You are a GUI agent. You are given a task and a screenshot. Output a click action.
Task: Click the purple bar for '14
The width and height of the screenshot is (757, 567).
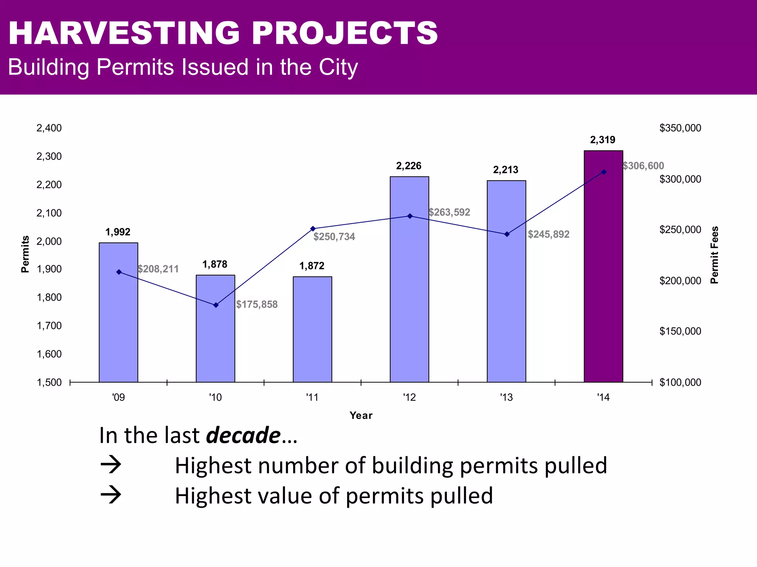click(603, 266)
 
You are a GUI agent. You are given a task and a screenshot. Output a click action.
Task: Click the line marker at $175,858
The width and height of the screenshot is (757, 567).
click(216, 305)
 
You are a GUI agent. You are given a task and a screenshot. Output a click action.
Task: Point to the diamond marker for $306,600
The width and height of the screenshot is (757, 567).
click(604, 172)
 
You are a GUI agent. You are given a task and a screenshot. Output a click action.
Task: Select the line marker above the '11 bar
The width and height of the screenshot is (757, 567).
click(313, 228)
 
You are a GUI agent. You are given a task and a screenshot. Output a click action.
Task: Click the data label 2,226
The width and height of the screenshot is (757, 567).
click(408, 166)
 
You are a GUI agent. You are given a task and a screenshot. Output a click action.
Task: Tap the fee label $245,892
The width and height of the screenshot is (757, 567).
click(549, 234)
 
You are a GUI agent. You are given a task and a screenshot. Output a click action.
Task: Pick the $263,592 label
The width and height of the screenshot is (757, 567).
click(449, 212)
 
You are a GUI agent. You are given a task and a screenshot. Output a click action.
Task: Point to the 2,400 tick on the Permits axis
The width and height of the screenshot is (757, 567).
click(49, 128)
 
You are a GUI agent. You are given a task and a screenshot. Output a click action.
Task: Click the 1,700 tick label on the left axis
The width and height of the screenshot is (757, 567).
click(49, 326)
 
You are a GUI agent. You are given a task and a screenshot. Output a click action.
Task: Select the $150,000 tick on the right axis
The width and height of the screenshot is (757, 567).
click(680, 331)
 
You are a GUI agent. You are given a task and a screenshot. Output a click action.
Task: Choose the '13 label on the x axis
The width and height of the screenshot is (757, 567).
click(506, 398)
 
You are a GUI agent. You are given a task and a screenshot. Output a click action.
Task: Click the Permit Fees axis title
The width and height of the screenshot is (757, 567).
click(714, 255)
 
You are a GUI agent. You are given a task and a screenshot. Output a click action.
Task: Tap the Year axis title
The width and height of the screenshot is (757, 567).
click(361, 415)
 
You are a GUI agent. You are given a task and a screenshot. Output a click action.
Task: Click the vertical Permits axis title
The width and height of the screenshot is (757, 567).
click(25, 254)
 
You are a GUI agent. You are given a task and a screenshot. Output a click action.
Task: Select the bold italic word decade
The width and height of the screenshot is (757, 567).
click(243, 435)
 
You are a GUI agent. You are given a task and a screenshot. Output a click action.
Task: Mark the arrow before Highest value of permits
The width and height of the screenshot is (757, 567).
click(111, 495)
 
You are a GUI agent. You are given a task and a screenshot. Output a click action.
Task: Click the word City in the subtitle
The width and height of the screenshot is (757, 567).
click(338, 67)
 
